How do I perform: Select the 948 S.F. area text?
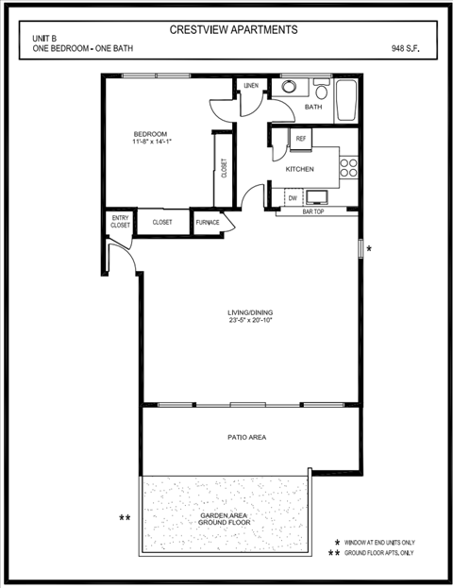[x=406, y=47]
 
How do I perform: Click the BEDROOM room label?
[x=150, y=134]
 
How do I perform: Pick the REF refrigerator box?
[x=301, y=139]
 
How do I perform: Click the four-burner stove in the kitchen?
[x=348, y=167]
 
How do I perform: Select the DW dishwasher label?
[x=293, y=198]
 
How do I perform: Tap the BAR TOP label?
[x=313, y=212]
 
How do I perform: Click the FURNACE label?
[x=208, y=223]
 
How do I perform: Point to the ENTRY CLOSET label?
[x=120, y=222]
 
